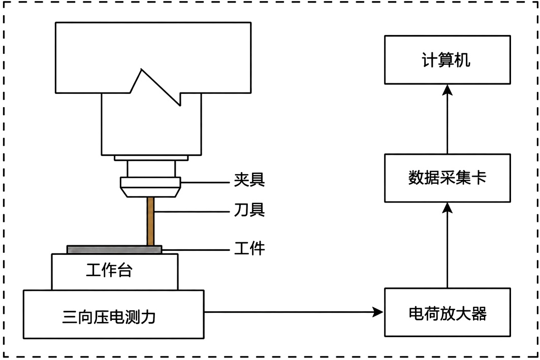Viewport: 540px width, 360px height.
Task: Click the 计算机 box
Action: tap(448, 59)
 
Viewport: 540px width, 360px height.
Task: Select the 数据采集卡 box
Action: tap(448, 178)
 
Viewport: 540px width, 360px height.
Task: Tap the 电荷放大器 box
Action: tap(448, 312)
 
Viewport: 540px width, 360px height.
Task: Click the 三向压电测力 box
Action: tap(114, 314)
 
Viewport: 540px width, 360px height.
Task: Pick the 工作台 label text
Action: tap(109, 270)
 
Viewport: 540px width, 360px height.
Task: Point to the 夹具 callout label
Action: tap(249, 180)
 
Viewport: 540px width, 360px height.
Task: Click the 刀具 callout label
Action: tap(249, 210)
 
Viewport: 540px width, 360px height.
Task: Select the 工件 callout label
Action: tap(249, 248)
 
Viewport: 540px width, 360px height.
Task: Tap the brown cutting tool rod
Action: tap(150, 221)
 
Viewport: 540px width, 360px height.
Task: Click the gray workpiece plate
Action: tap(114, 249)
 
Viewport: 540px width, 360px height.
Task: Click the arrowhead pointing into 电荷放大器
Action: tap(378, 312)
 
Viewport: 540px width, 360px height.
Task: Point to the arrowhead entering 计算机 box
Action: tap(448, 90)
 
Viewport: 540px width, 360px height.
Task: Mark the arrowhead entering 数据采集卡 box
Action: tap(448, 208)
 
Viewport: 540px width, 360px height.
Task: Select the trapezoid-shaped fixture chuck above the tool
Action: tap(150, 187)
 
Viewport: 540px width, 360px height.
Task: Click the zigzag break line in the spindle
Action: tap(155, 87)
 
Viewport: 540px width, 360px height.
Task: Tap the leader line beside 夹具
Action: tap(205, 182)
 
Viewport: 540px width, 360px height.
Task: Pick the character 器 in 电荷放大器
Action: tap(479, 313)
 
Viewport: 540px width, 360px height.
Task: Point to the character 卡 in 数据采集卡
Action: tap(479, 178)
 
